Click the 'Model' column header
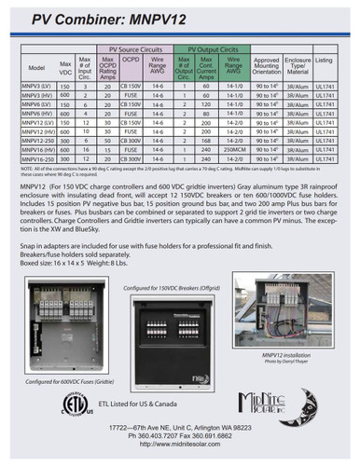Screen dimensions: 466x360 [x=36, y=67]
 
